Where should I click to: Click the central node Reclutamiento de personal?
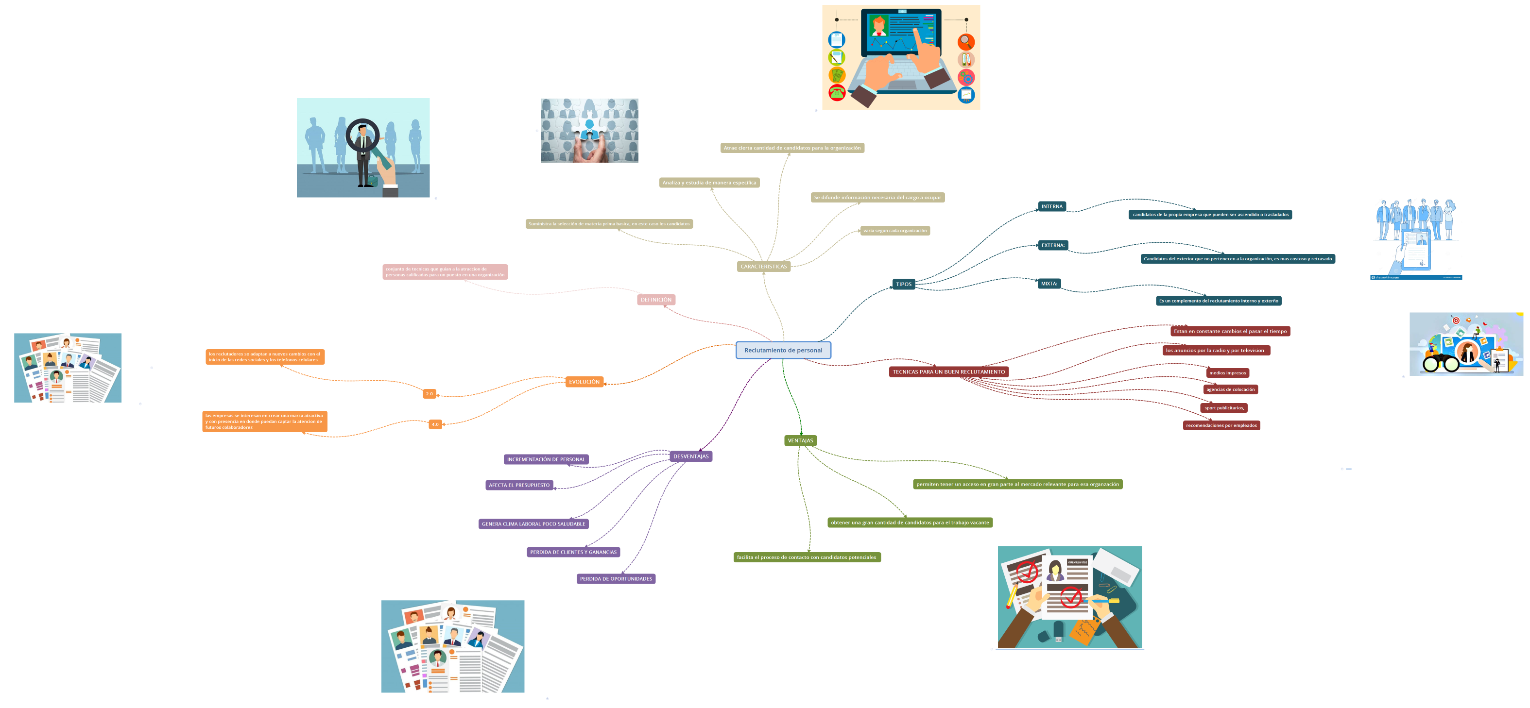783,350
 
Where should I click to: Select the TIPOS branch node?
903,284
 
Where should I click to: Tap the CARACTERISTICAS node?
763,267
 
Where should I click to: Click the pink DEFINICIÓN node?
656,300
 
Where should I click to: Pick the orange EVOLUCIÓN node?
584,382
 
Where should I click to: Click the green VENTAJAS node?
800,440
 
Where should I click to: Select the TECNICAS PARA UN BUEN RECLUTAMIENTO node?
948,372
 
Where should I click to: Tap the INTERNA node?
1051,206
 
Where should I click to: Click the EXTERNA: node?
1052,245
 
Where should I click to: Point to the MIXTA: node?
1049,284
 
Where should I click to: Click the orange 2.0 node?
430,393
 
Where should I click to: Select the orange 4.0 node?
435,424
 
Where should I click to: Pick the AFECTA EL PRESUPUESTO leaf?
519,485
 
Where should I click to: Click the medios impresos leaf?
1227,372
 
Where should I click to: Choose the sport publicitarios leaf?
1223,408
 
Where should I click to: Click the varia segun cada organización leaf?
894,231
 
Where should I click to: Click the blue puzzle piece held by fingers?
589,128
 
